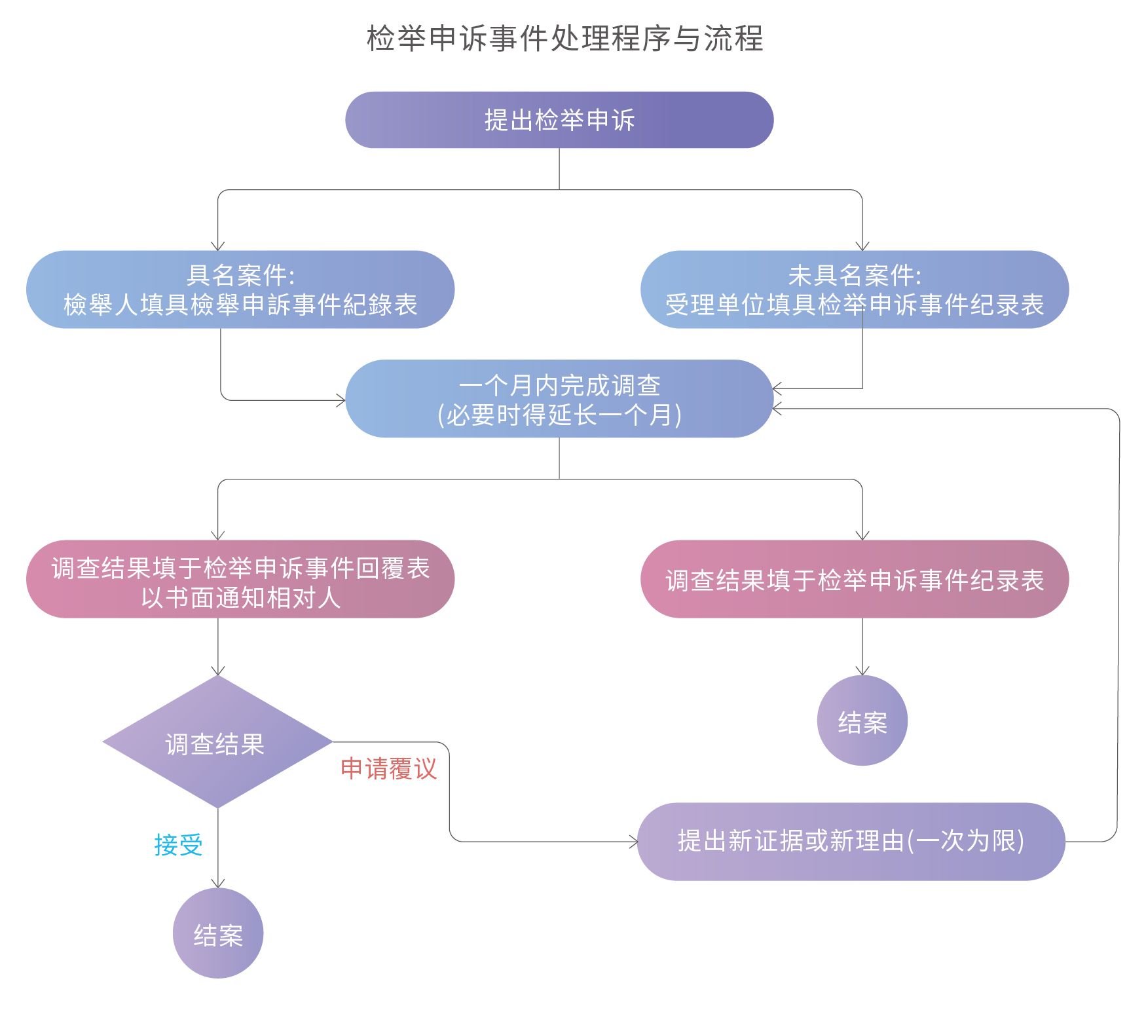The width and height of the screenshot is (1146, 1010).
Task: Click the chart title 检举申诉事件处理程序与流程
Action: (564, 39)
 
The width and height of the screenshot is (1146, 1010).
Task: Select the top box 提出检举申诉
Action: (559, 120)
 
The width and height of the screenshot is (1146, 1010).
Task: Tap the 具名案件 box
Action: (240, 290)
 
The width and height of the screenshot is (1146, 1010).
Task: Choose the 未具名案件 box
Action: (854, 290)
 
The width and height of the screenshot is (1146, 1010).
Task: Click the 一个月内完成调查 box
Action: (559, 399)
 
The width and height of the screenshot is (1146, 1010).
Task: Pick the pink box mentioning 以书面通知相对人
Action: (240, 580)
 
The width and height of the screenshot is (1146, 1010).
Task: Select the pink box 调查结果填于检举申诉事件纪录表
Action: (854, 580)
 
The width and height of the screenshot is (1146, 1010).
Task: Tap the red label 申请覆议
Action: (388, 769)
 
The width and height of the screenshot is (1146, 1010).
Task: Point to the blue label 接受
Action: (178, 845)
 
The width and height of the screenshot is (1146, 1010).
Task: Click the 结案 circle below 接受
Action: (218, 934)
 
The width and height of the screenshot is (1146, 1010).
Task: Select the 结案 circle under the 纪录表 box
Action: (862, 721)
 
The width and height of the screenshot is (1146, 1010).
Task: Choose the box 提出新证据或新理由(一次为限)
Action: (851, 842)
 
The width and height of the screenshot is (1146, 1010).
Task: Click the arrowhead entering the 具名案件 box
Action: (218, 246)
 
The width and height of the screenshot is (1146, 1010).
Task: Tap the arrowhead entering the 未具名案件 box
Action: (862, 246)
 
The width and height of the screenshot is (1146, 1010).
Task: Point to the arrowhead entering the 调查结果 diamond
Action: (218, 671)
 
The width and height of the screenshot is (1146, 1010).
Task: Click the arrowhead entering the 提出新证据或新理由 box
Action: (634, 842)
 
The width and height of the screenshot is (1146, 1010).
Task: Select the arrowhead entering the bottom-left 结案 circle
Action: (218, 884)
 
